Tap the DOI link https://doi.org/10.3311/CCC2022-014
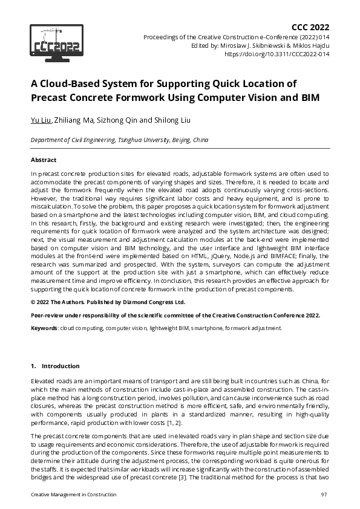(277, 53)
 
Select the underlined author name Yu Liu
(41, 120)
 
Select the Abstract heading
(43, 160)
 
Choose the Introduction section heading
(60, 366)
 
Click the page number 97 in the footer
(324, 495)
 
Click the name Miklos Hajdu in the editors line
(312, 45)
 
